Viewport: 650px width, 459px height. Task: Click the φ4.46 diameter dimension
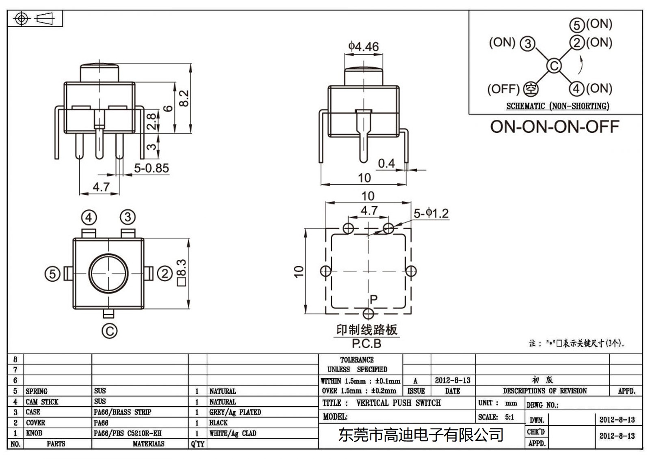363,47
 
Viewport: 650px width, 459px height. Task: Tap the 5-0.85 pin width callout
151,168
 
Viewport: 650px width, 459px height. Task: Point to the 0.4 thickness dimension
386,163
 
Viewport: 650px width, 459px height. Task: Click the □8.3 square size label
182,273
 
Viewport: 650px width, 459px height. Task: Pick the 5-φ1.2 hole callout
431,213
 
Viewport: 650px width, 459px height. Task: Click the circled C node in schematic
554,66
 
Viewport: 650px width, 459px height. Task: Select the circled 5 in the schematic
577,25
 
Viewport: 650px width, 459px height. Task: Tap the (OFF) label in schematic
503,89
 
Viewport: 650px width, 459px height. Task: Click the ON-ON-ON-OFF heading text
554,127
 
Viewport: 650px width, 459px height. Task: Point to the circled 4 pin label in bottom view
89,218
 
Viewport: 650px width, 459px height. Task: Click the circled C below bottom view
109,331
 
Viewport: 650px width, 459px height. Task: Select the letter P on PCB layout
374,300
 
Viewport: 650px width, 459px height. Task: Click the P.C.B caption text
366,344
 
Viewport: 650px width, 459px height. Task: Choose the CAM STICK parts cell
42,402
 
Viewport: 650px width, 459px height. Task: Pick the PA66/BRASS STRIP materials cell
122,412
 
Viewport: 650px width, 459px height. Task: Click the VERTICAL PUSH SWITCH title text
398,403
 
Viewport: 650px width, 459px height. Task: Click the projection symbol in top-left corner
35,19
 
